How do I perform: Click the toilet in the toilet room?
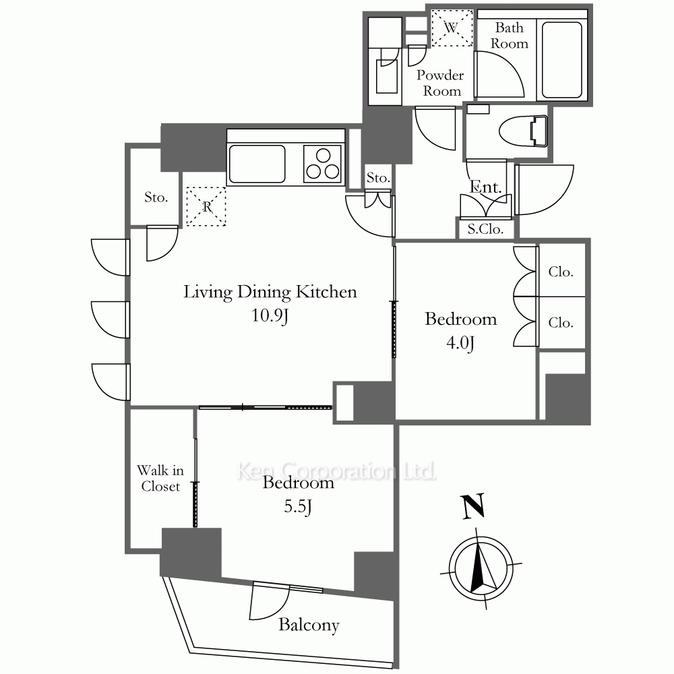pos(523,131)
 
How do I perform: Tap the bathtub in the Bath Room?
pos(562,60)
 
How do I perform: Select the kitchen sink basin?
pos(257,164)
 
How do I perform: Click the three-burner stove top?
pos(322,164)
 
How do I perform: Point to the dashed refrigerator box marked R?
pos(206,206)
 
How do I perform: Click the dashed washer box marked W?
pos(452,28)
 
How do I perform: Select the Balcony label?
pos(309,625)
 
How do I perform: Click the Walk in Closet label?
pos(160,478)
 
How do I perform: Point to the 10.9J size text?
pos(270,315)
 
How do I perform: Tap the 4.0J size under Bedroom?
pos(460,343)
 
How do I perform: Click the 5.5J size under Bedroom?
pos(297,506)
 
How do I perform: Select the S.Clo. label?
pos(485,229)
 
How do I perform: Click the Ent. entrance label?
pos(485,187)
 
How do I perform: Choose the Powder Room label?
pos(441,83)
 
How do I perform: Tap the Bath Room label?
pos(510,35)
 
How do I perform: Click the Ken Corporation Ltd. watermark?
pos(336,471)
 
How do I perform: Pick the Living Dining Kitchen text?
pos(270,292)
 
